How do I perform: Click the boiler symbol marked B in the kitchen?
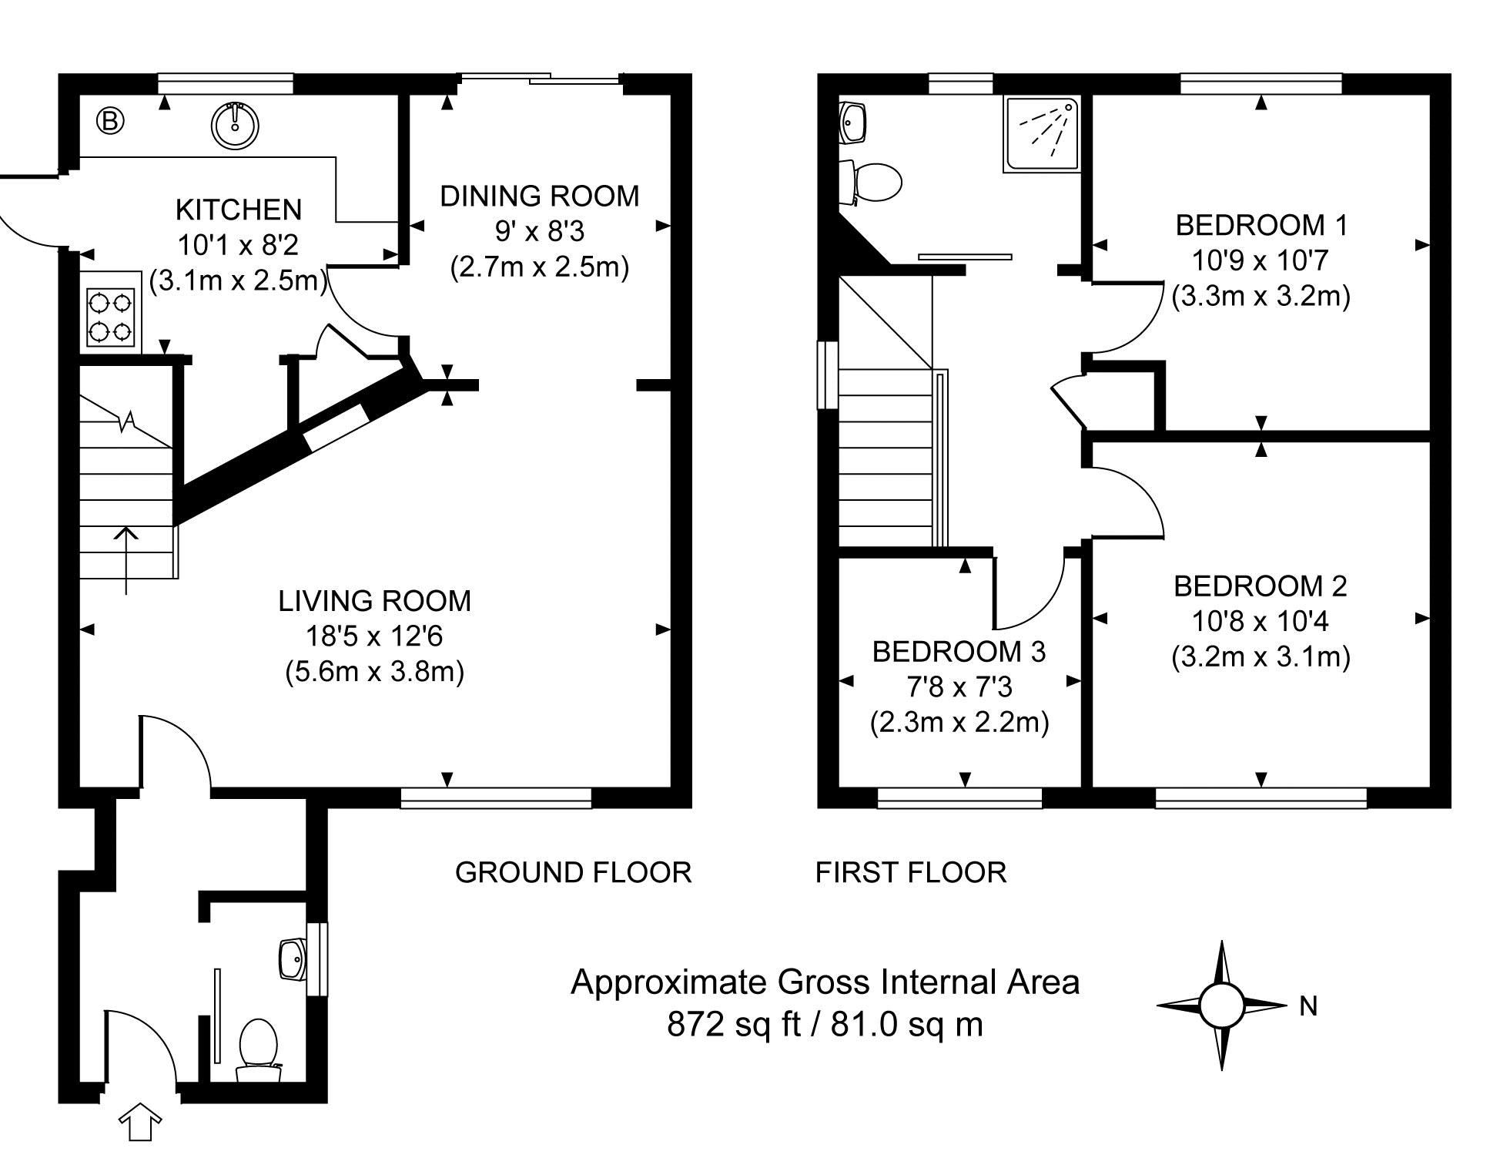coord(111,121)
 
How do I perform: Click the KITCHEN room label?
coord(239,210)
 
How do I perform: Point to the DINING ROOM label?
coord(540,196)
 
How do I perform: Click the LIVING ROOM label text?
coord(375,601)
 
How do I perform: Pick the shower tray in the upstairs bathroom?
coord(1041,134)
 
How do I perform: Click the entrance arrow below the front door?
coord(139,1121)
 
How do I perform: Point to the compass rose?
coord(1221,1005)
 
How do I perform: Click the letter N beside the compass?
coord(1308,1006)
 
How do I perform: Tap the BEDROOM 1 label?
coord(1261,226)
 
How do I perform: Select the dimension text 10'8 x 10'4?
coord(1261,621)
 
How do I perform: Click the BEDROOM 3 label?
coord(959,652)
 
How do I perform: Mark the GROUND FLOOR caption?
coord(574,872)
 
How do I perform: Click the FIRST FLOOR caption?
coord(911,872)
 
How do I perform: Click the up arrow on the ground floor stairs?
coord(126,561)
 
